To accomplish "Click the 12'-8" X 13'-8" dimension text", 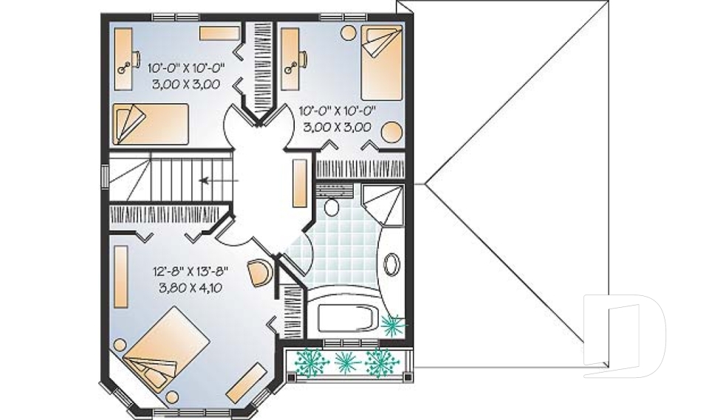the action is click(191, 271).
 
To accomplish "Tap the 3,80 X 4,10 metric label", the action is click(191, 288).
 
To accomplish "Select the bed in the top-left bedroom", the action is click(150, 124).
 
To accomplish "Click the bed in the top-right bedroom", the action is click(382, 63).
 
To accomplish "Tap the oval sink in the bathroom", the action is click(391, 264).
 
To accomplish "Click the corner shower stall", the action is click(383, 204).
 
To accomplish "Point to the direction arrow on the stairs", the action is click(219, 181).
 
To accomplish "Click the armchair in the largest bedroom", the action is click(260, 272).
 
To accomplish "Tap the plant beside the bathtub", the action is click(393, 324).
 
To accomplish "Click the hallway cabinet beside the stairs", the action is click(300, 183).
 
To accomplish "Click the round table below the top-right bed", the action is click(391, 133).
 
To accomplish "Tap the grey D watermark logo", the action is click(625, 337).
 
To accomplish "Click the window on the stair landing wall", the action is click(105, 176).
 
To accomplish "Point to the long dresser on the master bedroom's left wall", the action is click(120, 276).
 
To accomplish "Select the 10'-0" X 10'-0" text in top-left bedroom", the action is click(186, 68).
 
